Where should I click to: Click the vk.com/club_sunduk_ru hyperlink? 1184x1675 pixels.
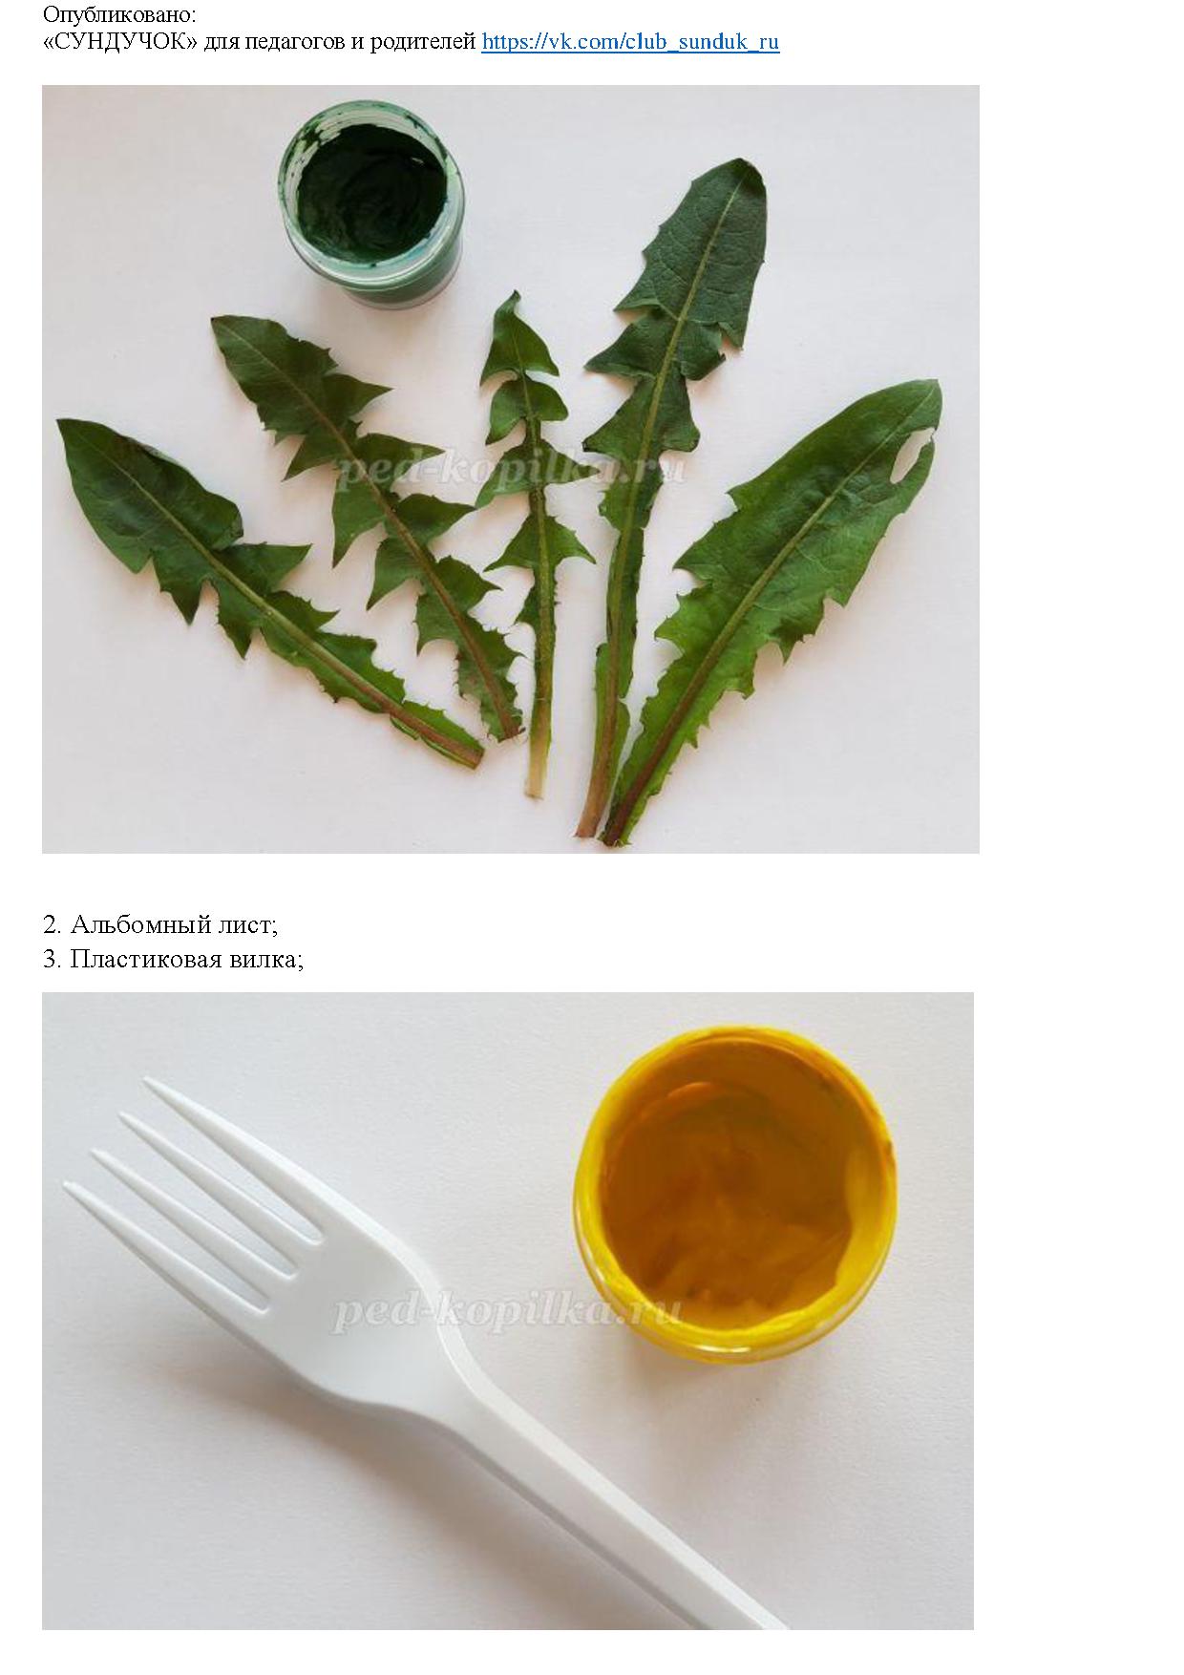[x=630, y=42]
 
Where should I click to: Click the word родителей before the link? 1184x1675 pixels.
[x=424, y=42]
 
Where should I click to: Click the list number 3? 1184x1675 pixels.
[x=52, y=959]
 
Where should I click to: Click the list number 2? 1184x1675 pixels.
[x=52, y=924]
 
